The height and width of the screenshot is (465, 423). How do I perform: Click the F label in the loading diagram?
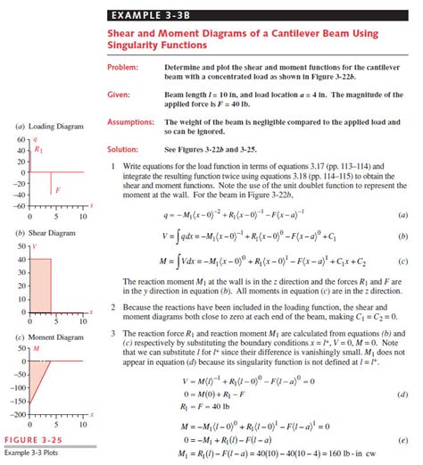57,190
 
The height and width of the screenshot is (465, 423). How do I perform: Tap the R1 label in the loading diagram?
37,151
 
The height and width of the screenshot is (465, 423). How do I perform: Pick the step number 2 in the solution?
112,305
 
